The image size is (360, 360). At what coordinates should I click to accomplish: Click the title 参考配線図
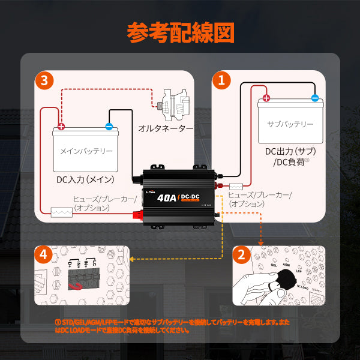[180, 33]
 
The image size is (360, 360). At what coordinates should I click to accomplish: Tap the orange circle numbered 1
[223, 80]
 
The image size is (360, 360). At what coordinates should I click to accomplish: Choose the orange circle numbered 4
[43, 255]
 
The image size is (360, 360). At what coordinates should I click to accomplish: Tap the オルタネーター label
[166, 128]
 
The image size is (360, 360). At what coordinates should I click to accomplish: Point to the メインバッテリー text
[87, 151]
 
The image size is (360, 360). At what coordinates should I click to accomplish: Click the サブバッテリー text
[290, 124]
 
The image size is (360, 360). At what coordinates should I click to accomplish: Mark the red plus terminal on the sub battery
[266, 98]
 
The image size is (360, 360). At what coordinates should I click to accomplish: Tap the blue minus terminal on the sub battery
[314, 98]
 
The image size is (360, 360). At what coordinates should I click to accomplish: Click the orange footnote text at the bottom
[180, 326]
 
